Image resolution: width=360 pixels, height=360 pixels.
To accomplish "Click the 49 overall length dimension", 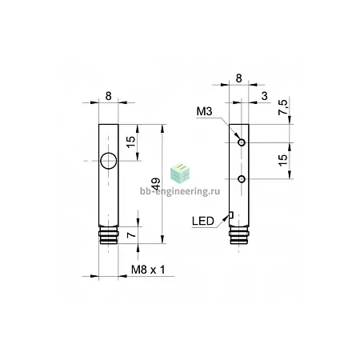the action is pyautogui.click(x=156, y=184).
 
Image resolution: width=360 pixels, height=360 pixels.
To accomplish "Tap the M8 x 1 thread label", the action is pyautogui.click(x=148, y=270).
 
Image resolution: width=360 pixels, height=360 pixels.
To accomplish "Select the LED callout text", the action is pyautogui.click(x=203, y=221).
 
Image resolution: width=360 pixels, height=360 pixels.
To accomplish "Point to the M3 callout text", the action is pyautogui.click(x=204, y=111).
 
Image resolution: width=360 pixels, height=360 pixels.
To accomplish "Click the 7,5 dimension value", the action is pyautogui.click(x=283, y=107).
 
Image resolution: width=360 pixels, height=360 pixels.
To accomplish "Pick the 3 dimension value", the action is pyautogui.click(x=264, y=96).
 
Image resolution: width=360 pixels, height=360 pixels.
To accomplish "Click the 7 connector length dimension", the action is pyautogui.click(x=131, y=235).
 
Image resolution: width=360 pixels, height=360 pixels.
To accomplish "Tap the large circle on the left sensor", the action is pyautogui.click(x=109, y=161).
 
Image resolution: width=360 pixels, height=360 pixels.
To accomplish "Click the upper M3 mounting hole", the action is pyautogui.click(x=242, y=142).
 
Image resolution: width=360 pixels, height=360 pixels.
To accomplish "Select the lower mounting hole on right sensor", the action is pyautogui.click(x=242, y=179).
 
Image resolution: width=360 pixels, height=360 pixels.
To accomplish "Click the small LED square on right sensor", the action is pyautogui.click(x=231, y=214).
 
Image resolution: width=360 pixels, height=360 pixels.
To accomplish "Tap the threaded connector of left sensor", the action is pyautogui.click(x=109, y=235).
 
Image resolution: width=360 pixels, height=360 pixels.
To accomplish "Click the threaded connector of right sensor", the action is pyautogui.click(x=239, y=235).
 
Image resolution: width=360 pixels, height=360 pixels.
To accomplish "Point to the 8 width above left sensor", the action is pyautogui.click(x=108, y=96).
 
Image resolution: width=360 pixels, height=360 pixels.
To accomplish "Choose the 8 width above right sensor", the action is pyautogui.click(x=239, y=78).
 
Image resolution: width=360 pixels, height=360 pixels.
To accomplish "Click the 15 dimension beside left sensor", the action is pyautogui.click(x=130, y=142).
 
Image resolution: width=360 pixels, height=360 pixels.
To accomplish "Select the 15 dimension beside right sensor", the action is pyautogui.click(x=283, y=160).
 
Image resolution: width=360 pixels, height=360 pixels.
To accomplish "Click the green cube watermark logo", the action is pyautogui.click(x=180, y=174).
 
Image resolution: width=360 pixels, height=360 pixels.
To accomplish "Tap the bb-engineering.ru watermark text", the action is pyautogui.click(x=180, y=191).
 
